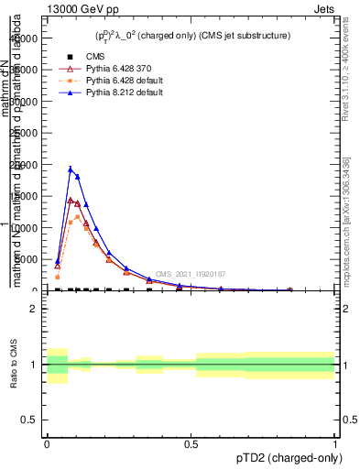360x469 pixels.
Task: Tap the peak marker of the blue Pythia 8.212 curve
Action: click(x=71, y=169)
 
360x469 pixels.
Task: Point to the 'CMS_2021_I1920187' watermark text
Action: click(x=190, y=274)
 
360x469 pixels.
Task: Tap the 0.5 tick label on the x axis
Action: click(x=191, y=442)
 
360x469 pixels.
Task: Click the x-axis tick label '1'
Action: click(x=335, y=442)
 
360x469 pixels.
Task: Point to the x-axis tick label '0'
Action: click(x=46, y=442)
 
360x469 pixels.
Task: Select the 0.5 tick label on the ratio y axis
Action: click(x=29, y=420)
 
